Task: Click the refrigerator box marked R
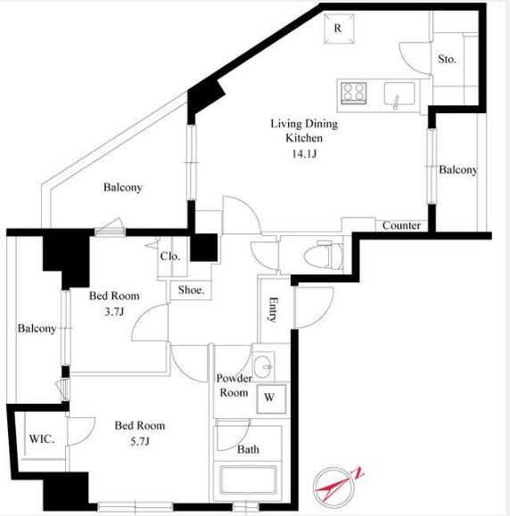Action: tap(339, 29)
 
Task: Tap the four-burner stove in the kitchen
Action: tap(354, 93)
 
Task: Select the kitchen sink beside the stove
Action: tap(399, 94)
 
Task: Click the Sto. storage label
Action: tap(447, 59)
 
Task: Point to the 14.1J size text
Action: tap(304, 153)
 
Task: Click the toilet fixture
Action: tap(324, 256)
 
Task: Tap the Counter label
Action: tap(401, 225)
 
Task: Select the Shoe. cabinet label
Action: tap(191, 290)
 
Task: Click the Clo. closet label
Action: tap(170, 256)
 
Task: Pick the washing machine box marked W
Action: tap(271, 399)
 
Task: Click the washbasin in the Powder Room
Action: tap(263, 365)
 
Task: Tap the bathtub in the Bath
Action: tap(248, 480)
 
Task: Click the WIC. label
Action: tap(42, 439)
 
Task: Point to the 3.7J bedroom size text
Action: tap(114, 311)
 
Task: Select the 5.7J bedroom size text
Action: tap(140, 441)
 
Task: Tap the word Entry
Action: tap(273, 309)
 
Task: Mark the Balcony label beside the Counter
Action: tap(458, 170)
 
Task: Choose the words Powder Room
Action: tap(234, 385)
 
